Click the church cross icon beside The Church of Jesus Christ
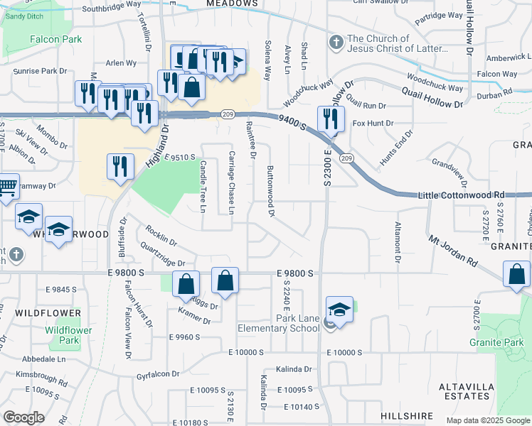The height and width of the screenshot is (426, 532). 336,43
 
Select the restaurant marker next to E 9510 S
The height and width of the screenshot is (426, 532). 120,166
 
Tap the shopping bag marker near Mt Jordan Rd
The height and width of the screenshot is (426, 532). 516,273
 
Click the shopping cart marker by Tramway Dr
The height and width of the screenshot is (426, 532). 6,188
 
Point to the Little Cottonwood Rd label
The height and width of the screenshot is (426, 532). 461,195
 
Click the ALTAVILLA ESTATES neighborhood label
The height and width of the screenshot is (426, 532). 466,390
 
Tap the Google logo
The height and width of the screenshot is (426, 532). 23,417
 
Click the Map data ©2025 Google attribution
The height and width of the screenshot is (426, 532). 487,420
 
